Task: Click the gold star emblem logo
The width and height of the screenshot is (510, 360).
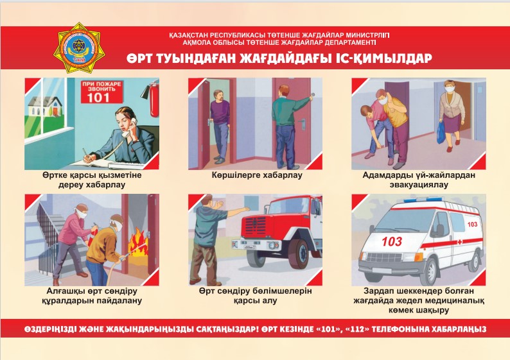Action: click(x=78, y=47)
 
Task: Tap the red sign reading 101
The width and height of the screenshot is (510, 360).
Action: click(x=101, y=92)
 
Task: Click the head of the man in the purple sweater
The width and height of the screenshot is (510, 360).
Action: click(x=218, y=96)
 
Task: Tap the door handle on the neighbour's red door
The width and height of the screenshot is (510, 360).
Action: click(x=301, y=121)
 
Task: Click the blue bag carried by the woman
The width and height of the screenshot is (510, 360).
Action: click(x=441, y=133)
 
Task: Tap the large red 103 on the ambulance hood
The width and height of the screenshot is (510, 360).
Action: click(x=392, y=241)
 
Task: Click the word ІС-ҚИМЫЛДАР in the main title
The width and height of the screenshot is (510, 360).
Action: click(x=382, y=58)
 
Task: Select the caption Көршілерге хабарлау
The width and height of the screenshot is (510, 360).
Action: click(x=257, y=175)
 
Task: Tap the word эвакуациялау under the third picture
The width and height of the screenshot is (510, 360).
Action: click(x=419, y=185)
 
